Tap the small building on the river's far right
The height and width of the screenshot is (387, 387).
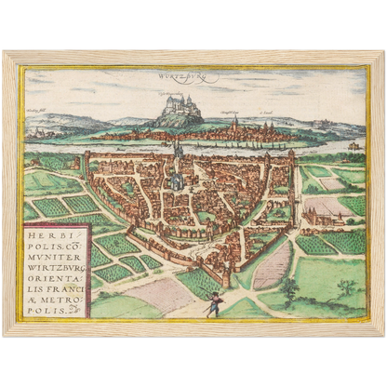(x=353, y=146)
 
